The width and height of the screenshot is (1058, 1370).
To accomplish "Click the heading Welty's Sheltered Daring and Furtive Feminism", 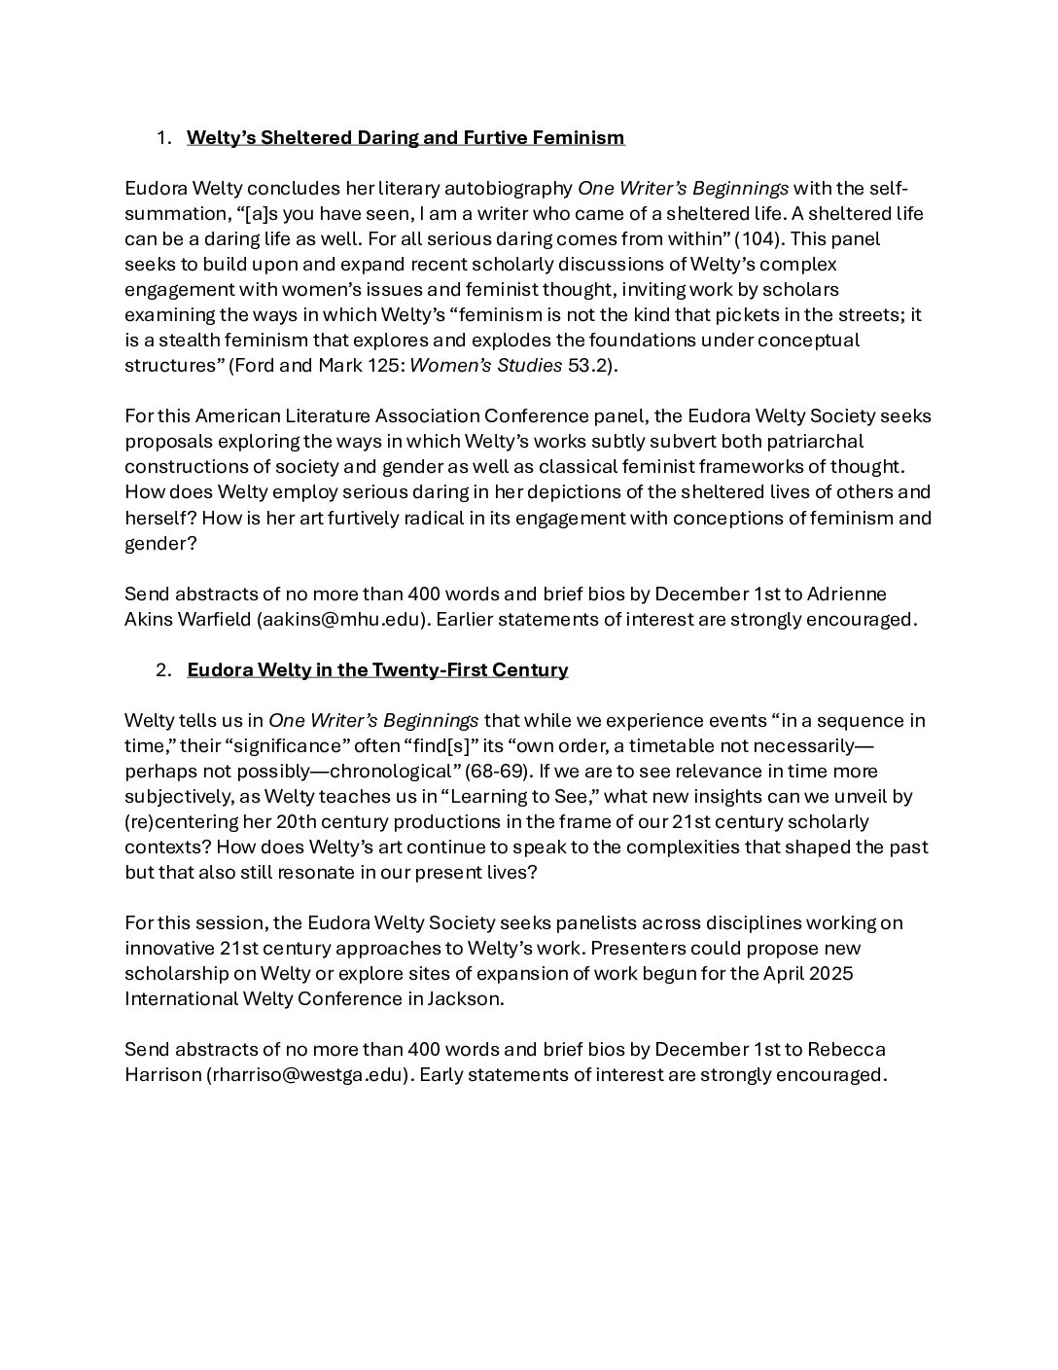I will [406, 137].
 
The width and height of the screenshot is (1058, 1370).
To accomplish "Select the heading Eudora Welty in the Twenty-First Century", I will [377, 669].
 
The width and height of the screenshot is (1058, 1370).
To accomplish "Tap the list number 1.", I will [162, 137].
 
